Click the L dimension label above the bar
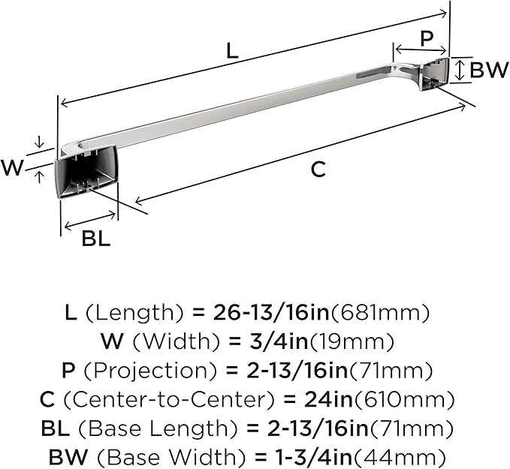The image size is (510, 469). pos(232,51)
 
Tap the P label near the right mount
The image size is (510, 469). pos(427,38)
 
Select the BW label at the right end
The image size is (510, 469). pos(489,70)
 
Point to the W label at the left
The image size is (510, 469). pos(12,167)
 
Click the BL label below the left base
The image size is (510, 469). pos(96,238)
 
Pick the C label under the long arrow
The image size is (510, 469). pos(318,169)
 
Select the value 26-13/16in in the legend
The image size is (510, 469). pos(271,313)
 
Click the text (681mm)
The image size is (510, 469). pos(379,313)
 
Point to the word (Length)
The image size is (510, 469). pos(135,313)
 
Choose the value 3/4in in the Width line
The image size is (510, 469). pos(279,341)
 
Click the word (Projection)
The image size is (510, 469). pos(150,371)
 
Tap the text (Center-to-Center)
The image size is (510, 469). pos(168,399)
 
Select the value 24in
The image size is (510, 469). pos(328,399)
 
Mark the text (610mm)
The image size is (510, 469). pos(404,399)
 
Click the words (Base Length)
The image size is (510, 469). pos(158,428)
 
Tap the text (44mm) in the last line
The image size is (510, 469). pos(399,457)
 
